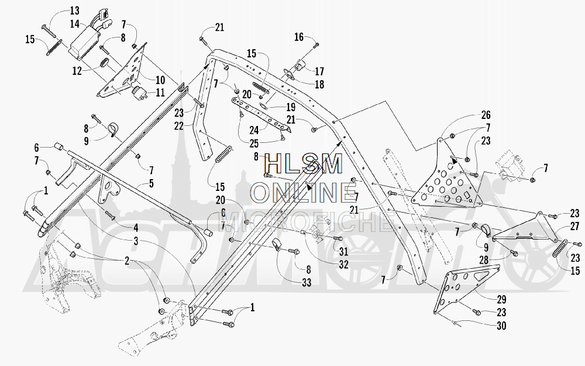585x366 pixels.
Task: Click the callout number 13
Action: click(x=74, y=11)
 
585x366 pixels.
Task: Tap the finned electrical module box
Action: click(x=88, y=43)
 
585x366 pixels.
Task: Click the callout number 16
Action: click(x=299, y=37)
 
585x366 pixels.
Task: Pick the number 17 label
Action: click(x=319, y=71)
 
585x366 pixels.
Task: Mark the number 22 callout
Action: click(x=178, y=125)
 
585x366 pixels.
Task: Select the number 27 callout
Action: click(x=574, y=227)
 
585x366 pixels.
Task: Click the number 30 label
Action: click(x=484, y=326)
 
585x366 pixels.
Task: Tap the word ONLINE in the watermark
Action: click(x=304, y=191)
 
